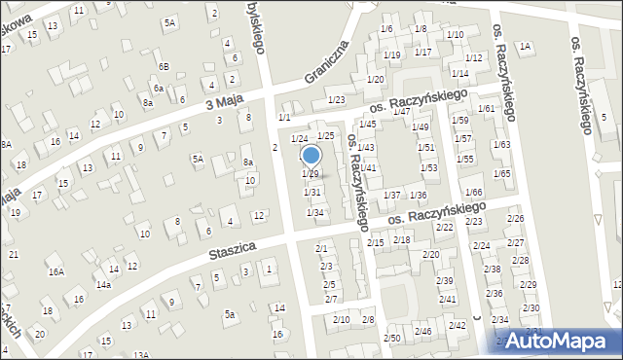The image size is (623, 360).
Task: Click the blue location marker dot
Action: [x=311, y=155]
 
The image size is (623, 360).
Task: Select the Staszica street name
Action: [x=232, y=252]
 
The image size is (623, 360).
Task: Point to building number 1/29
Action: [x=311, y=173]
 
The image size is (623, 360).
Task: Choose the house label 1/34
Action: [x=314, y=212]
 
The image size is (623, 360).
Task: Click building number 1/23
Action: [x=337, y=100]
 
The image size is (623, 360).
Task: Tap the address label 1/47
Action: [x=400, y=111]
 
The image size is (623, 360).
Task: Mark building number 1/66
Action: [x=474, y=193]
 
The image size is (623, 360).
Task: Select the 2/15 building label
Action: [x=377, y=241]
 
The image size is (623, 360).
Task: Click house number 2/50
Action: [x=391, y=338]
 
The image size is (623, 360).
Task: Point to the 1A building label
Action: [x=526, y=46]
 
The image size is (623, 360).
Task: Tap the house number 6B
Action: [x=165, y=66]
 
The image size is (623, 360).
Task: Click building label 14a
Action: [x=103, y=285]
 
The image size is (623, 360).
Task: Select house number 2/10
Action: [x=341, y=319]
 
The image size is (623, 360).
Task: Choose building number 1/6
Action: [x=386, y=29]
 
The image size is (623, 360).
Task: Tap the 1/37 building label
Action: [x=391, y=196]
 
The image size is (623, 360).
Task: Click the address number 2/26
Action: [x=515, y=219]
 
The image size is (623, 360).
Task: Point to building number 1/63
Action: [x=501, y=144]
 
